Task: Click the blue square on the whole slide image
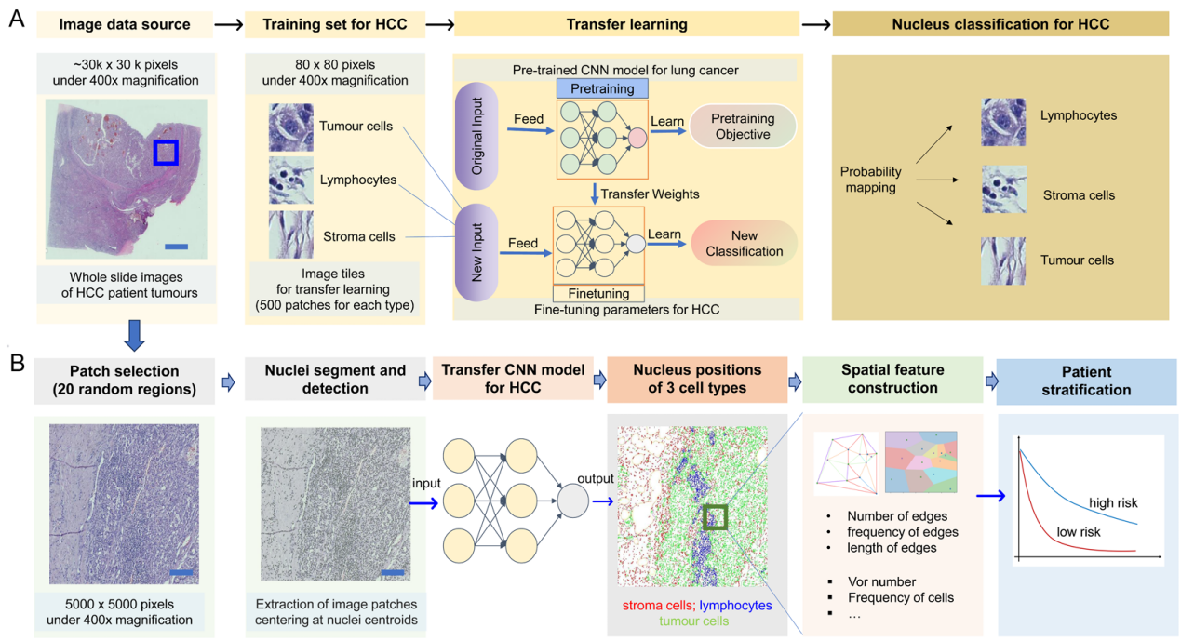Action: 166,152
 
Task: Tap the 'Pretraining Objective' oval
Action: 741,127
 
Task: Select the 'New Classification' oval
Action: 744,244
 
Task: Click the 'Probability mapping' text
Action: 871,180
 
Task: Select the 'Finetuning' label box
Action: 599,293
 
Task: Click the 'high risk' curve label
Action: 1113,502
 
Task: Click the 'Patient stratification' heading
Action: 1084,381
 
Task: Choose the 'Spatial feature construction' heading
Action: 892,380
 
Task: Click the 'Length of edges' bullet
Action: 892,548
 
